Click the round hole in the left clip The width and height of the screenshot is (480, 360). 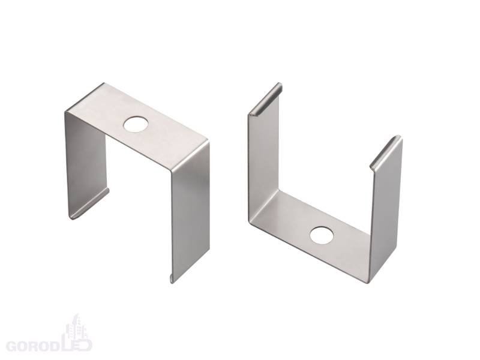coord(136,124)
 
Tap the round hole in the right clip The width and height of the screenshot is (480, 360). coord(322,235)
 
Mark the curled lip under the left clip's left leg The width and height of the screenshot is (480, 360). coord(89,204)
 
